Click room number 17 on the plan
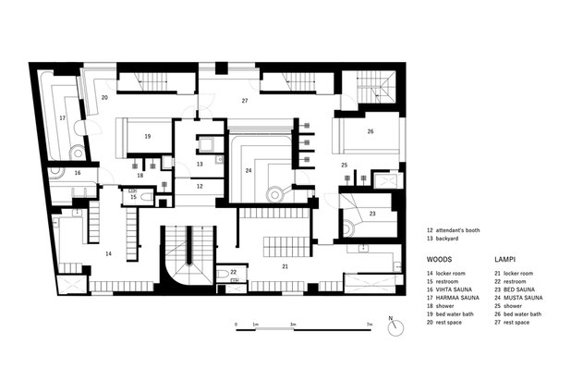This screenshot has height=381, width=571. pos(63,118)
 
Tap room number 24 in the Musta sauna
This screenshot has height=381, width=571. pos(249,170)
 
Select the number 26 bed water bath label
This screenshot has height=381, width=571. pos(371,131)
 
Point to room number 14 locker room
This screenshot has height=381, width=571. pos(108,253)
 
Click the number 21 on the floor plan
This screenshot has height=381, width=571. pos(285,266)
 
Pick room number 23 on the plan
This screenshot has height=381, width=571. pos(372,214)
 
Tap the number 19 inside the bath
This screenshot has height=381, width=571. pos(148,136)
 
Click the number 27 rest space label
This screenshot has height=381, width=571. pos(245,101)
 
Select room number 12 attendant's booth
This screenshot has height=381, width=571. pos(200,186)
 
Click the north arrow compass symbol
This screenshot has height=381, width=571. pos(395,327)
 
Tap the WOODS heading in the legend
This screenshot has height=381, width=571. pos(439,260)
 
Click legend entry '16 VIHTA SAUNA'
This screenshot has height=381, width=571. pos(449,289)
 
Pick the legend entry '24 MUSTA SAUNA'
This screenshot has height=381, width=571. pos(518,298)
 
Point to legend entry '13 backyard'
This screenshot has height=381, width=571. pos(443,239)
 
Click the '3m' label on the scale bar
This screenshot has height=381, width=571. pos(293,324)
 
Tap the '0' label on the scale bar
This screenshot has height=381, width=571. pos(236,324)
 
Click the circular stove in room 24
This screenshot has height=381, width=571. pos(274,195)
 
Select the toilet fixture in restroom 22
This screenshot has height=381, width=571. pos(222,273)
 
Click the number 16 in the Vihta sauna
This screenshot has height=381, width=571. pos(78,173)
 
